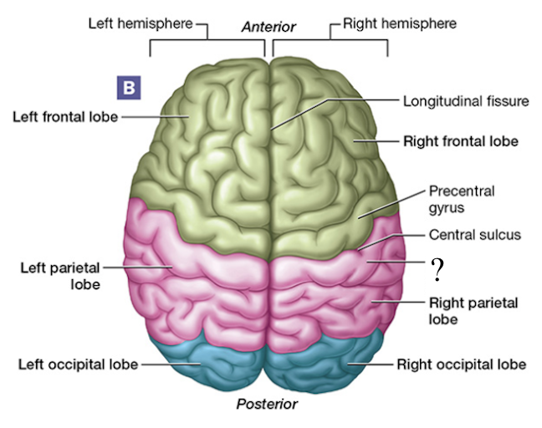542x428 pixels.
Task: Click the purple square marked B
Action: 128,86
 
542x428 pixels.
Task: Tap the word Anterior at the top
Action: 268,27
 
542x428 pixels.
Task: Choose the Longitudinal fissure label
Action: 466,101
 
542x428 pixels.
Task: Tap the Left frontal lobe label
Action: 65,116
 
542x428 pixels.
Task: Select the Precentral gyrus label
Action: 461,198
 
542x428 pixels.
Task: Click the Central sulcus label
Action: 474,235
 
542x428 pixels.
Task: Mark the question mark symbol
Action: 436,269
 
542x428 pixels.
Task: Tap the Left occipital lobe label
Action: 76,364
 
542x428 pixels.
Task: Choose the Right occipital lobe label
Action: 461,364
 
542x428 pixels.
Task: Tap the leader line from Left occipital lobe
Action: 167,364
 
